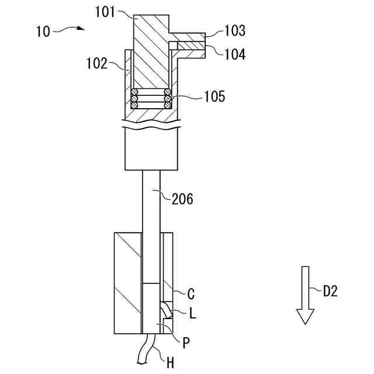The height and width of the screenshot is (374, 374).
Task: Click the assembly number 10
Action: point(43,32)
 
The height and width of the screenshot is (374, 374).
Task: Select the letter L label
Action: point(193,314)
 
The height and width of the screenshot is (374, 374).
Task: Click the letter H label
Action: point(170,363)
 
